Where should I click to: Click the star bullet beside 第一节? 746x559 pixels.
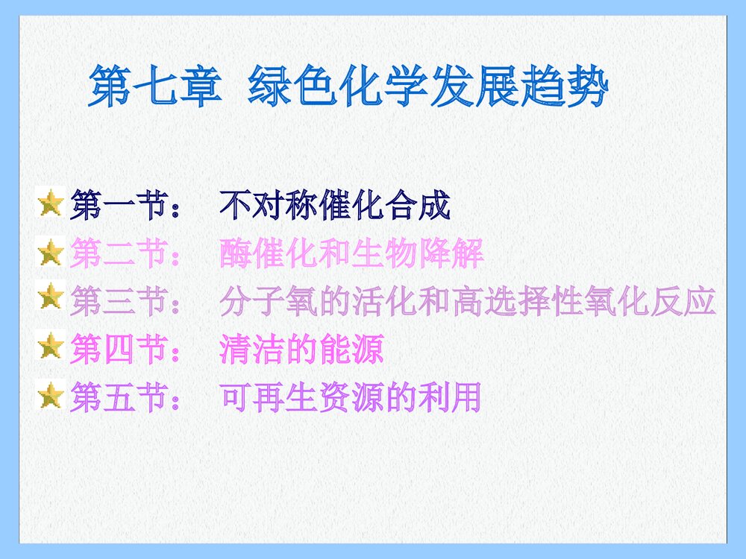point(51,203)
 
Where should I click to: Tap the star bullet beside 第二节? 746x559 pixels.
point(51,253)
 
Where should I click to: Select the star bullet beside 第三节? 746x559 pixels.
point(51,297)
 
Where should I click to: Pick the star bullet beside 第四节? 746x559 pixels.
point(51,347)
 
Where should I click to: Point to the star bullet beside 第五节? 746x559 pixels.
point(51,395)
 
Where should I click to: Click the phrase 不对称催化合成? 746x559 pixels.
point(336,206)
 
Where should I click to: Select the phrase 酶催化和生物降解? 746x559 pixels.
point(352,255)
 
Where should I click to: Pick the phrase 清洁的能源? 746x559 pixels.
point(302,349)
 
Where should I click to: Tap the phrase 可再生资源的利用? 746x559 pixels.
point(351,397)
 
